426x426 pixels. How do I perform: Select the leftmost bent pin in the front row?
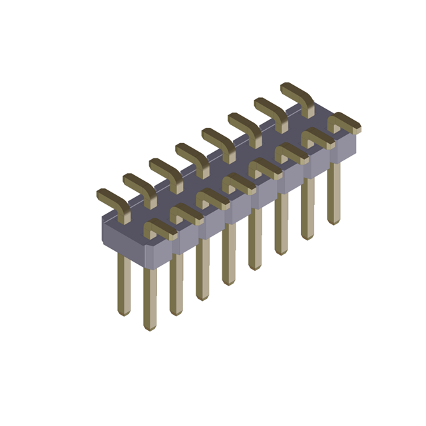[160, 228]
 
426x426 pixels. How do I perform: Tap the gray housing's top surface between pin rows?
[220, 170]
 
